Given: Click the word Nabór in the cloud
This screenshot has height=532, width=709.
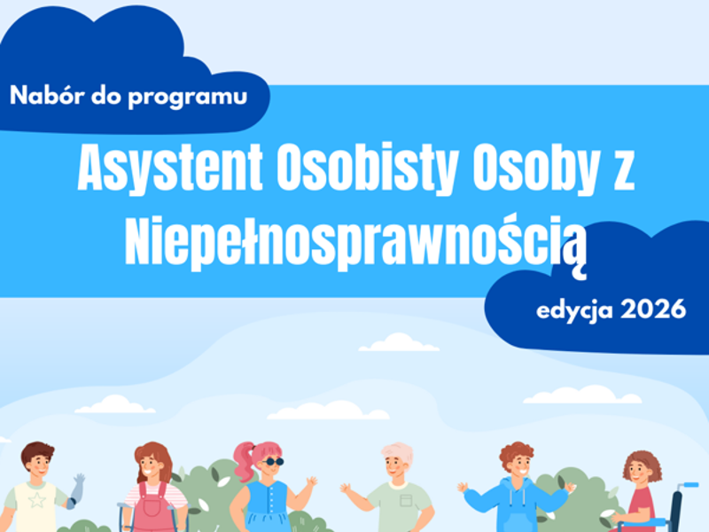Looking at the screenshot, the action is click(x=48, y=95).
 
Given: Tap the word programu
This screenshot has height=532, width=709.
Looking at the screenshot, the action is click(x=188, y=98).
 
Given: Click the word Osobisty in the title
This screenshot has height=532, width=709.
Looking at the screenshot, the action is click(x=368, y=169).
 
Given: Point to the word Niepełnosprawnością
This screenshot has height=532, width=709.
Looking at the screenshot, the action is click(x=356, y=246).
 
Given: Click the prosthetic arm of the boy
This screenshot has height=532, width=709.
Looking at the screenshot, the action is click(x=75, y=491).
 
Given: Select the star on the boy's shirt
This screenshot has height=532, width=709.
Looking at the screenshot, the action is click(x=36, y=501).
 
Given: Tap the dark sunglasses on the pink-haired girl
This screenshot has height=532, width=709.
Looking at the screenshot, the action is click(x=273, y=462).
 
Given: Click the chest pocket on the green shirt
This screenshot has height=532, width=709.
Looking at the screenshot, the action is click(x=406, y=500).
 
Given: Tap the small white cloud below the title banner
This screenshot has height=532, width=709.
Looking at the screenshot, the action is click(x=399, y=342).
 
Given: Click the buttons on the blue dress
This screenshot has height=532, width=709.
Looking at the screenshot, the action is click(x=271, y=500).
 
